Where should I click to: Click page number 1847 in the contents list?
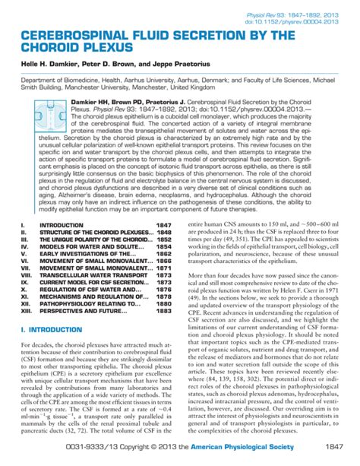pos(163,226)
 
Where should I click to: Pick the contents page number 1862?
pos(163,261)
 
